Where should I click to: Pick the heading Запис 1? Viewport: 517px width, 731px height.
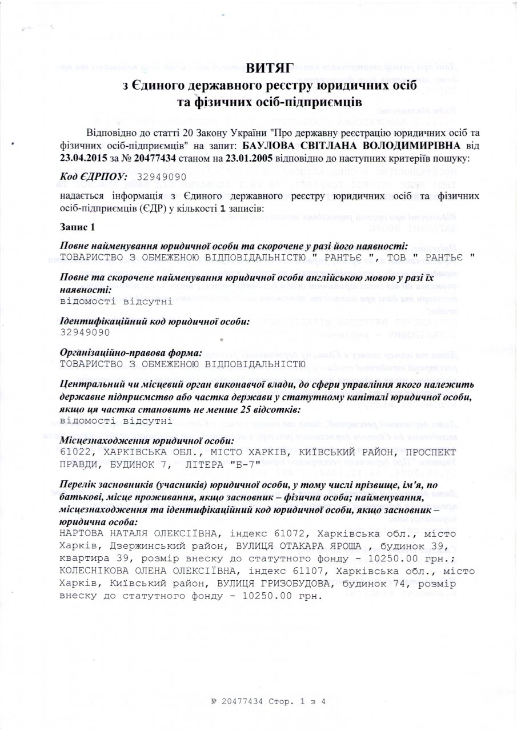click(x=77, y=227)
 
